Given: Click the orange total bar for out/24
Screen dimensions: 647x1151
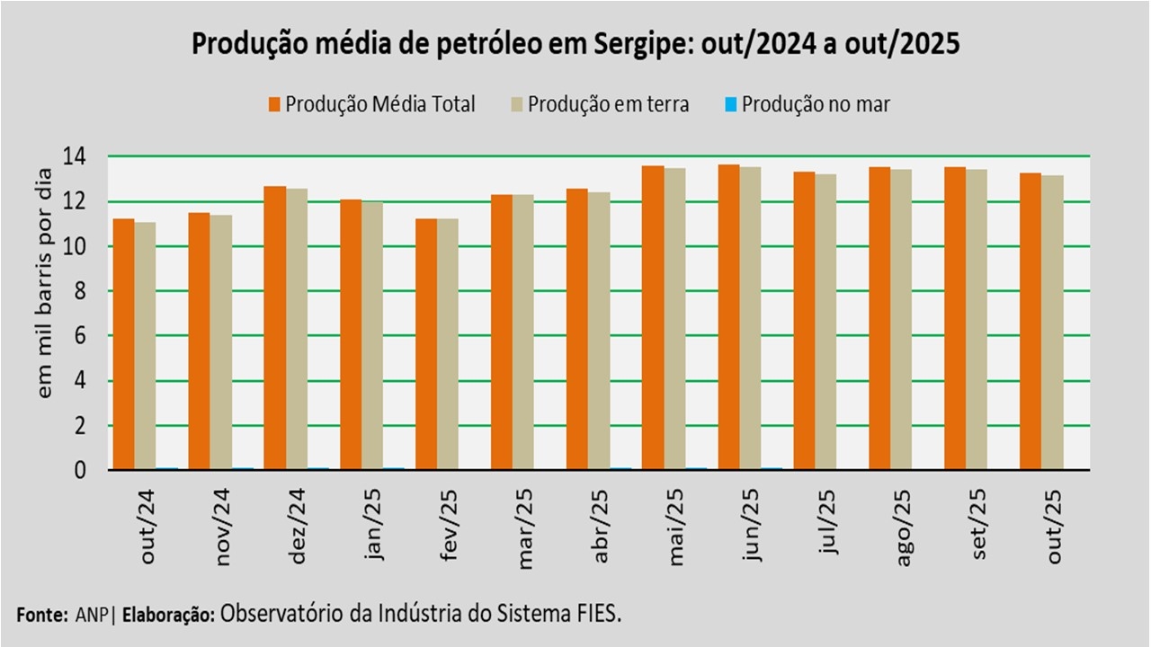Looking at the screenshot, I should (123, 343).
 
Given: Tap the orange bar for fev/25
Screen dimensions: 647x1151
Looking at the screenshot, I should (425, 343).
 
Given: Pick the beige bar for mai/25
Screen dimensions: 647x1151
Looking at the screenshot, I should (674, 318).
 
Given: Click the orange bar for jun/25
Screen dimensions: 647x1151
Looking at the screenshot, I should (728, 316).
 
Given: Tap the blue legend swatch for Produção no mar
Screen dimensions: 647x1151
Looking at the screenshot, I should (731, 104).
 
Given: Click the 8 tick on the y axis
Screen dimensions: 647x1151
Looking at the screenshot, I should (80, 291).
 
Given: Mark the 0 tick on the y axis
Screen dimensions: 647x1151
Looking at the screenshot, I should (80, 470).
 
